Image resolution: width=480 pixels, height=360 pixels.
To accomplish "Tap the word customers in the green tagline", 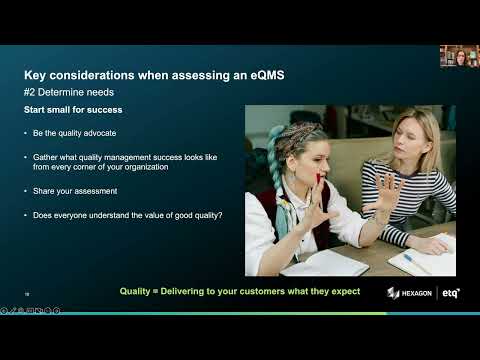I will [250, 291].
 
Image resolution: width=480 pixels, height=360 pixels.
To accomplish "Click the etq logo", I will [451, 292].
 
